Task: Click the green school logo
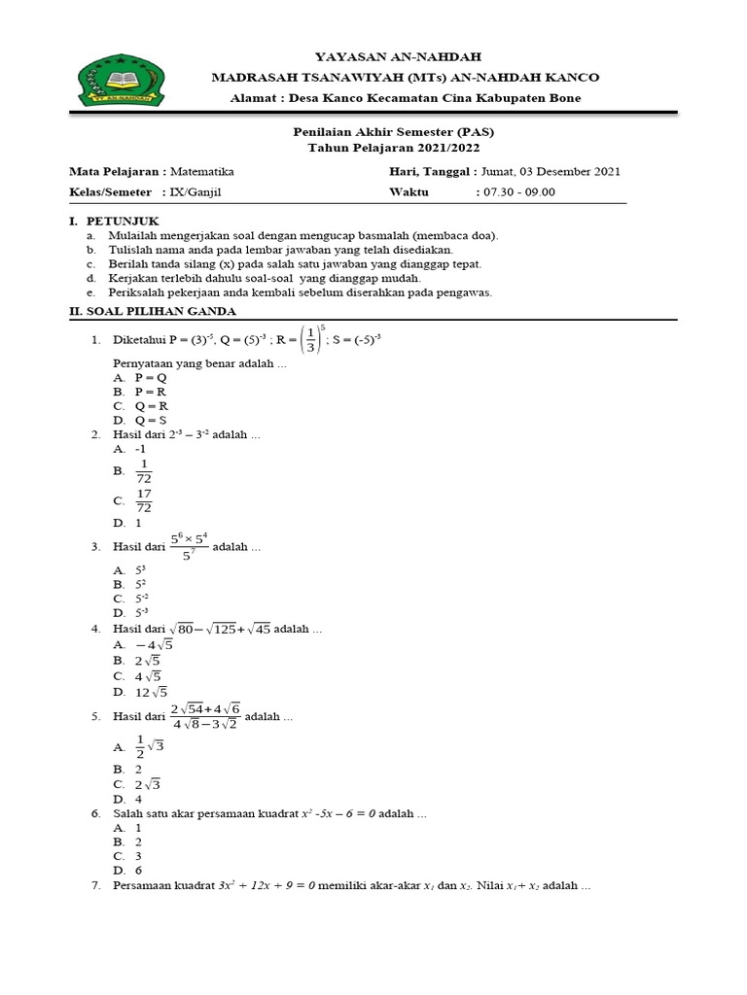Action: [x=118, y=82]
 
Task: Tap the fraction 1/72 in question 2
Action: [x=144, y=471]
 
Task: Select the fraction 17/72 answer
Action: [x=144, y=501]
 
